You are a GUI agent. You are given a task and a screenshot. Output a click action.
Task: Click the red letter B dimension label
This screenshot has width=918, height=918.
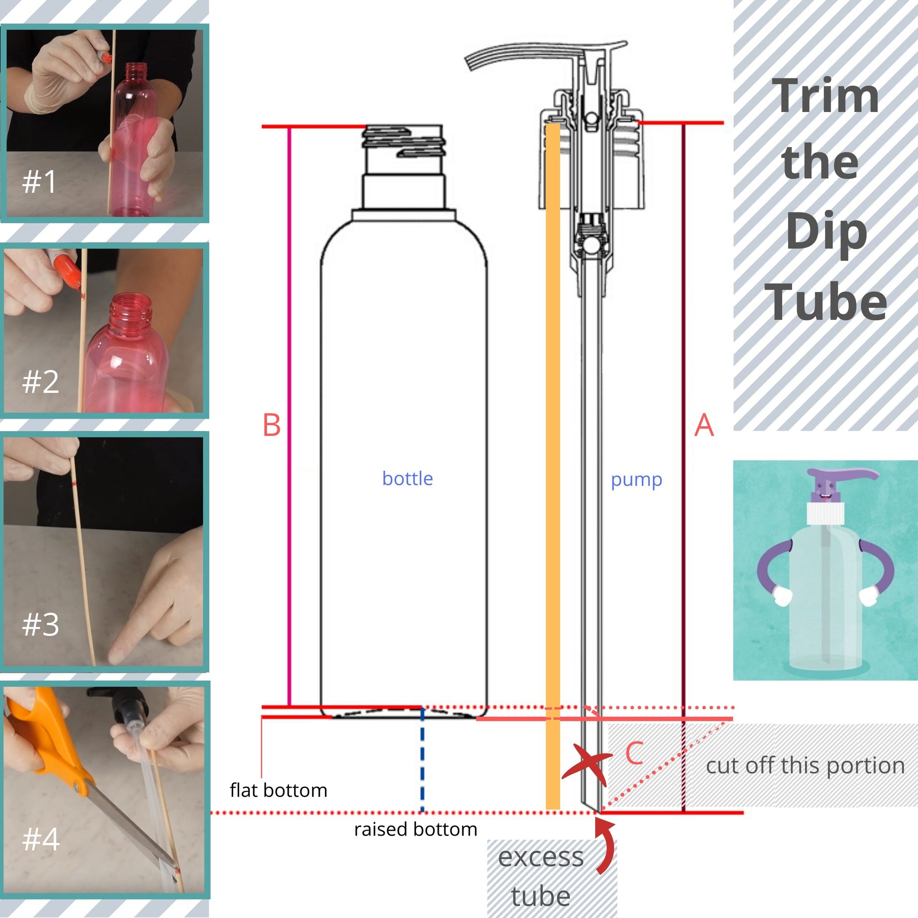[x=272, y=425]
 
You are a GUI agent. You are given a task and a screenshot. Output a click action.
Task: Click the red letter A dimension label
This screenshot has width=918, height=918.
[x=704, y=425]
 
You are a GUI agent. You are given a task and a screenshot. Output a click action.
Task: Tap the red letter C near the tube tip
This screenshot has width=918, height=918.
[x=635, y=753]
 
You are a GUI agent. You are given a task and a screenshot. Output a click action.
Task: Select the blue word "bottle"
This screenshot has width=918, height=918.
[x=408, y=478]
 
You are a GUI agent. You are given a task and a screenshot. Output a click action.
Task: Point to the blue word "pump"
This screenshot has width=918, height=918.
[x=636, y=481]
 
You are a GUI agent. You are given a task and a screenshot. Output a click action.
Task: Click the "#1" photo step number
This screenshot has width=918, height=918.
[x=39, y=181]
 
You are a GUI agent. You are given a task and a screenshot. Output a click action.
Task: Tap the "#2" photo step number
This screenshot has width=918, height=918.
[x=41, y=381]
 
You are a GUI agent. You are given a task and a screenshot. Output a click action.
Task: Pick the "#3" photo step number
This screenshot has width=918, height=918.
[x=41, y=624]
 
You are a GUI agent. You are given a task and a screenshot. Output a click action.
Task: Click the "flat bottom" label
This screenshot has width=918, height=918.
[x=278, y=790]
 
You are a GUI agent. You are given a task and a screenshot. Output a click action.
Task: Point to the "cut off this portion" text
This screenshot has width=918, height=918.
[x=805, y=766]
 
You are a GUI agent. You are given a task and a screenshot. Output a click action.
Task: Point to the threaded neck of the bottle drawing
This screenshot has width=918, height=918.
[x=404, y=141]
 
